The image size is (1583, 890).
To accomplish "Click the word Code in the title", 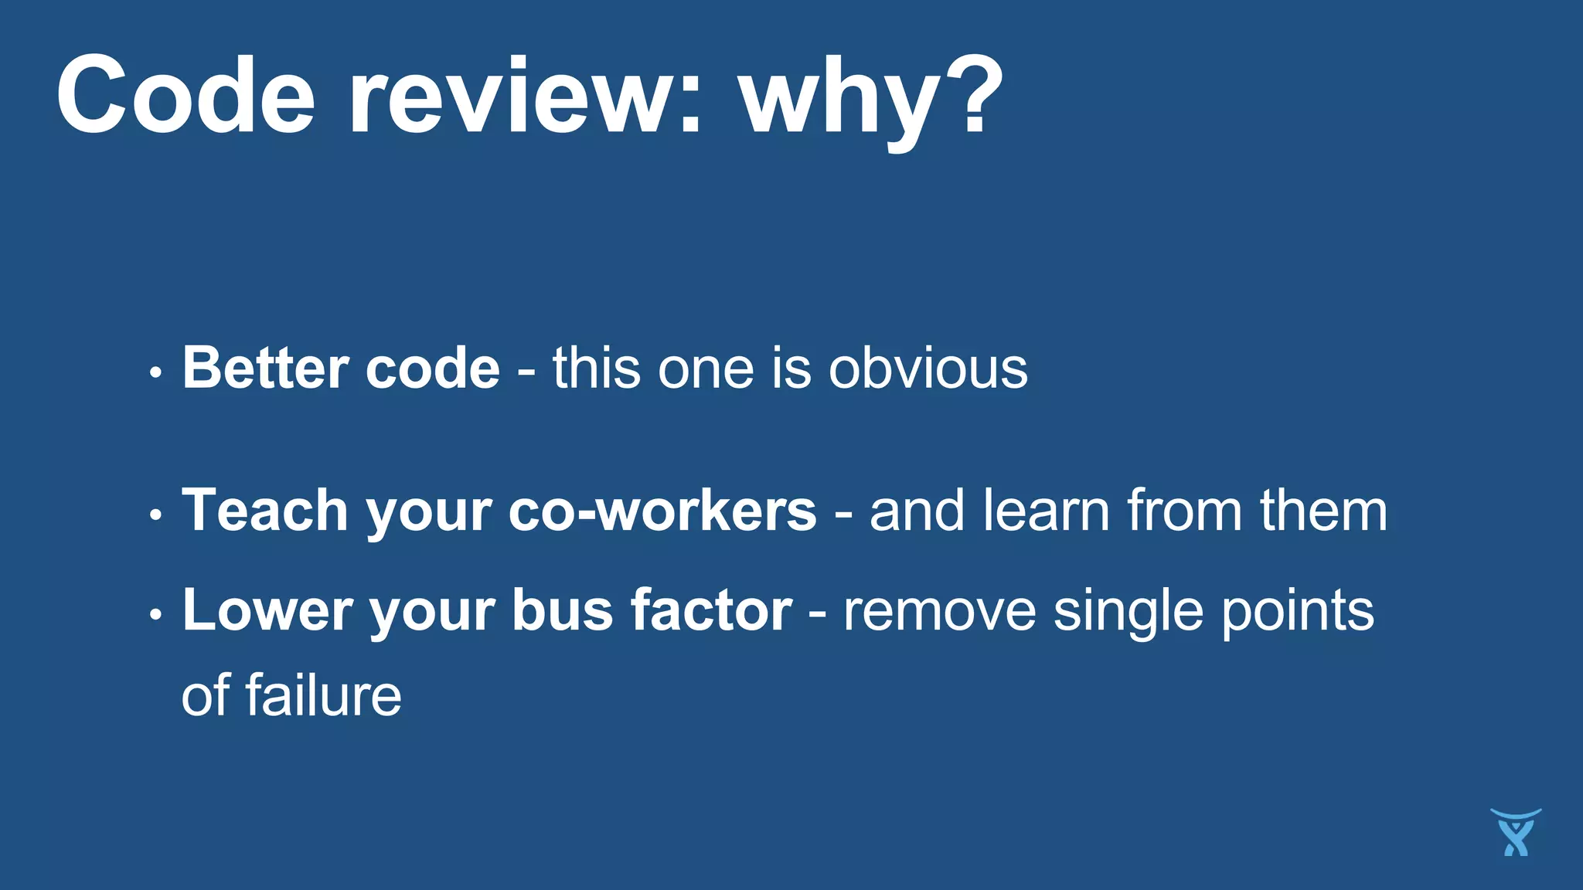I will (x=186, y=97).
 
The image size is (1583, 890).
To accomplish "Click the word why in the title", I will (x=843, y=100).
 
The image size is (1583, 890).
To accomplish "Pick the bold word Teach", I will (x=265, y=511).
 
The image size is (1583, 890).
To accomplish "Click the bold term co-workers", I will (x=662, y=511).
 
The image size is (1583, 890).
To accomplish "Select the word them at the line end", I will (x=1323, y=511).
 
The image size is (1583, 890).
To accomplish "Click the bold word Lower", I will (x=267, y=610).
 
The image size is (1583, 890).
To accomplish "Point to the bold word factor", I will (x=711, y=610).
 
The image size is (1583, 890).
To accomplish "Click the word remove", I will (x=939, y=610).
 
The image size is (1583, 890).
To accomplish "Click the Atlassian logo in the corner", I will (x=1515, y=832).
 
